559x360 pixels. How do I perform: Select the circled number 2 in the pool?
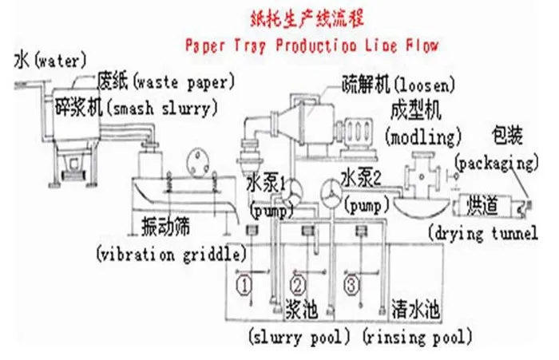(x=297, y=283)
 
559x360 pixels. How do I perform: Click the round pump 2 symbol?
(x=330, y=188)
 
